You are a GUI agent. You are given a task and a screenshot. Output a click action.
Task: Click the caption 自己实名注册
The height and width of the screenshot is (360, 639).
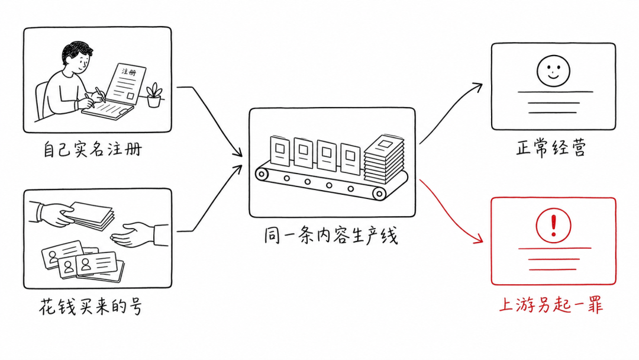[x=93, y=149]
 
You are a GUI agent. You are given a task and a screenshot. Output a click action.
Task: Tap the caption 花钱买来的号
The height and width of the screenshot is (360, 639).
[x=91, y=307]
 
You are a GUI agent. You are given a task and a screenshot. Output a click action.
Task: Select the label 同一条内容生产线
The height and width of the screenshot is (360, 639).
[x=331, y=236]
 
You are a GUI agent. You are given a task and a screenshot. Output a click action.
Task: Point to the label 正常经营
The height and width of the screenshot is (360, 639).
[x=551, y=147]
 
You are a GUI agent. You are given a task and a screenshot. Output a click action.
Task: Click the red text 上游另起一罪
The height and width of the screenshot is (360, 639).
[x=551, y=304]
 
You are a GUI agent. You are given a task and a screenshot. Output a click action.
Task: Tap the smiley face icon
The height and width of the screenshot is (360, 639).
[x=553, y=71]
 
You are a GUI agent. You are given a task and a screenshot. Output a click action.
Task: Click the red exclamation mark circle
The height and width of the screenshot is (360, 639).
[x=553, y=226]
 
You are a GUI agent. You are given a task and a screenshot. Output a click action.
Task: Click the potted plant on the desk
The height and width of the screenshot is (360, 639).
[x=154, y=95]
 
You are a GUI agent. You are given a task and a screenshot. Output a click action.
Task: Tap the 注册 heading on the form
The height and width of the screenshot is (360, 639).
[x=129, y=72]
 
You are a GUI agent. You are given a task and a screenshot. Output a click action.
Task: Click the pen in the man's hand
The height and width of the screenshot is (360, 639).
[x=100, y=95]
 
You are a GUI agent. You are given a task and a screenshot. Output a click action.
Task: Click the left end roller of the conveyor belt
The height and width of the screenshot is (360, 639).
[x=262, y=174]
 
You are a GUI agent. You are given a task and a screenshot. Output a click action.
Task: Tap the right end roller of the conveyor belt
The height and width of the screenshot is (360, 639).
[x=379, y=194]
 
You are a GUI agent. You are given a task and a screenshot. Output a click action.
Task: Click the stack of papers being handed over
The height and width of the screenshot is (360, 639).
[x=91, y=215]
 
